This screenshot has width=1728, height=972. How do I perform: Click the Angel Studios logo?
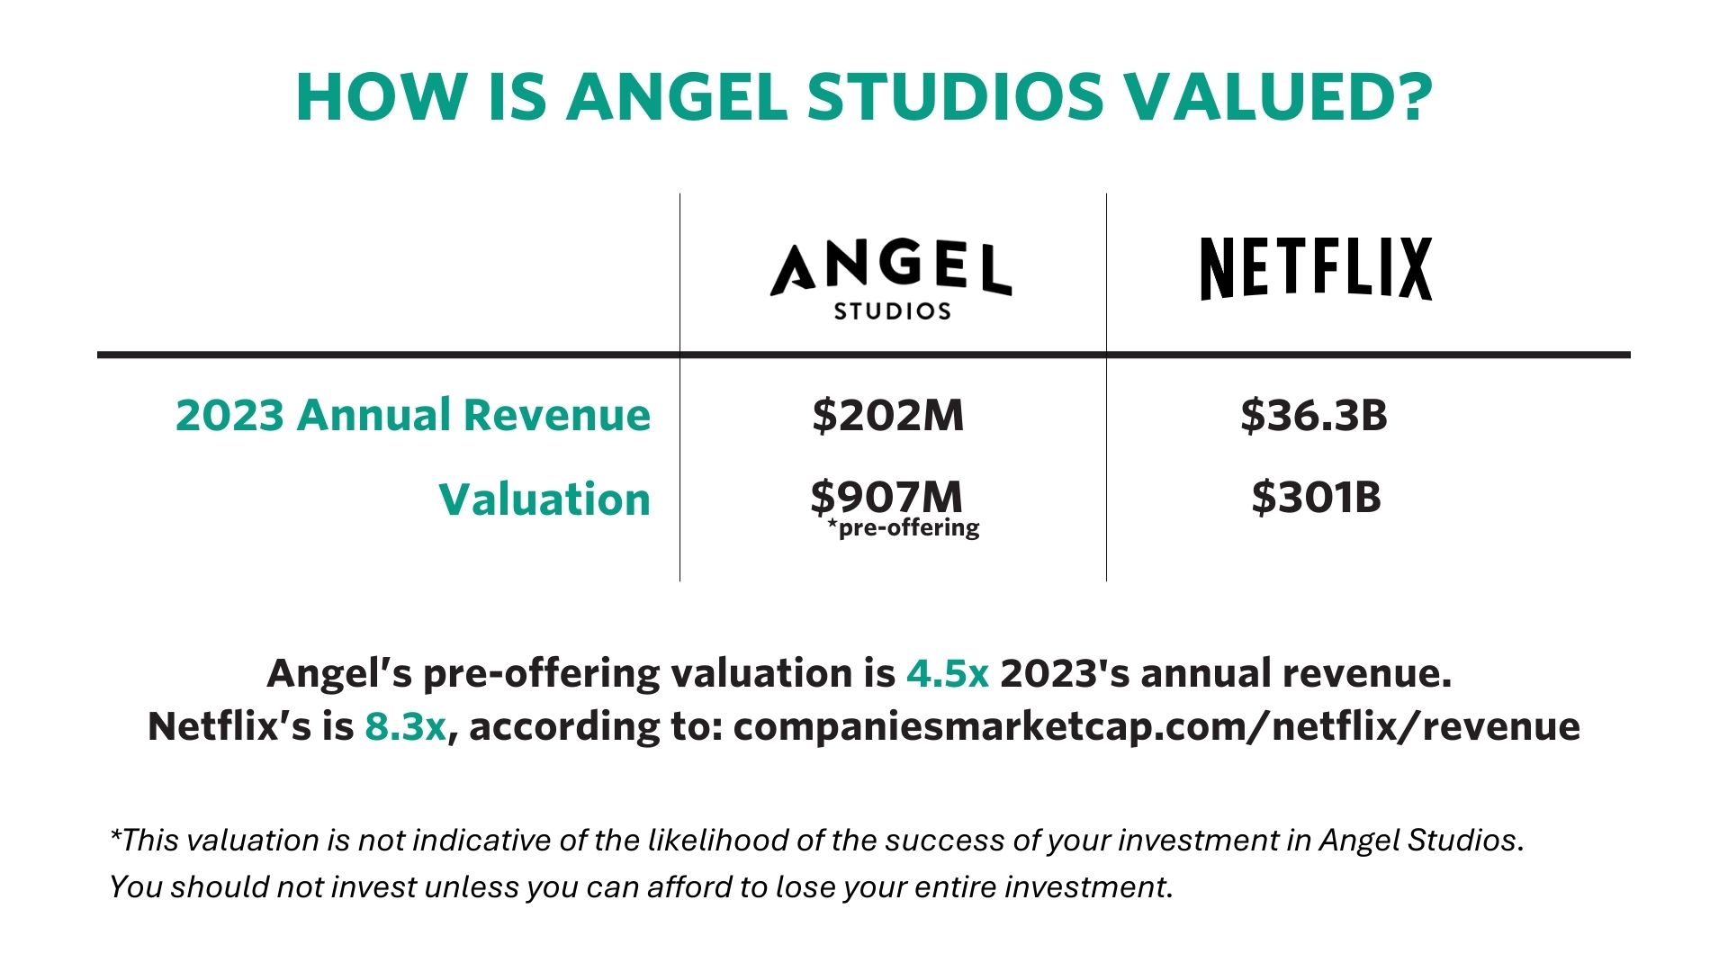tap(891, 279)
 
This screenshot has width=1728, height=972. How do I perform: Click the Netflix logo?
tap(1316, 268)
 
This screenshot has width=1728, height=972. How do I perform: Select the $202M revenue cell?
tap(887, 415)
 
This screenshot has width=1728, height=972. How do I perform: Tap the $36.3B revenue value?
tap(1313, 415)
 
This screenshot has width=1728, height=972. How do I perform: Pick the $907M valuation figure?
tap(886, 496)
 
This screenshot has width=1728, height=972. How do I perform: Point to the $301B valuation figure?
tap(1316, 497)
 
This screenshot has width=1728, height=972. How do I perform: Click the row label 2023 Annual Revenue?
tap(412, 415)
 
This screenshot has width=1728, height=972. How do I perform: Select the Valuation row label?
tap(544, 499)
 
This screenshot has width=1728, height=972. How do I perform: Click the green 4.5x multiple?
tap(947, 673)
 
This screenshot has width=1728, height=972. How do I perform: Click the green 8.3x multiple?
tap(405, 726)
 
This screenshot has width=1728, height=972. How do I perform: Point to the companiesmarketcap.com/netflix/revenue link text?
tap(1156, 726)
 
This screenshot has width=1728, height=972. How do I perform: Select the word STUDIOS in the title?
tap(955, 96)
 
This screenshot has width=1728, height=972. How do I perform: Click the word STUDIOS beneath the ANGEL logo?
tap(892, 311)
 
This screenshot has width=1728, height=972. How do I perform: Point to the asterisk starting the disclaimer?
tap(115, 834)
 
